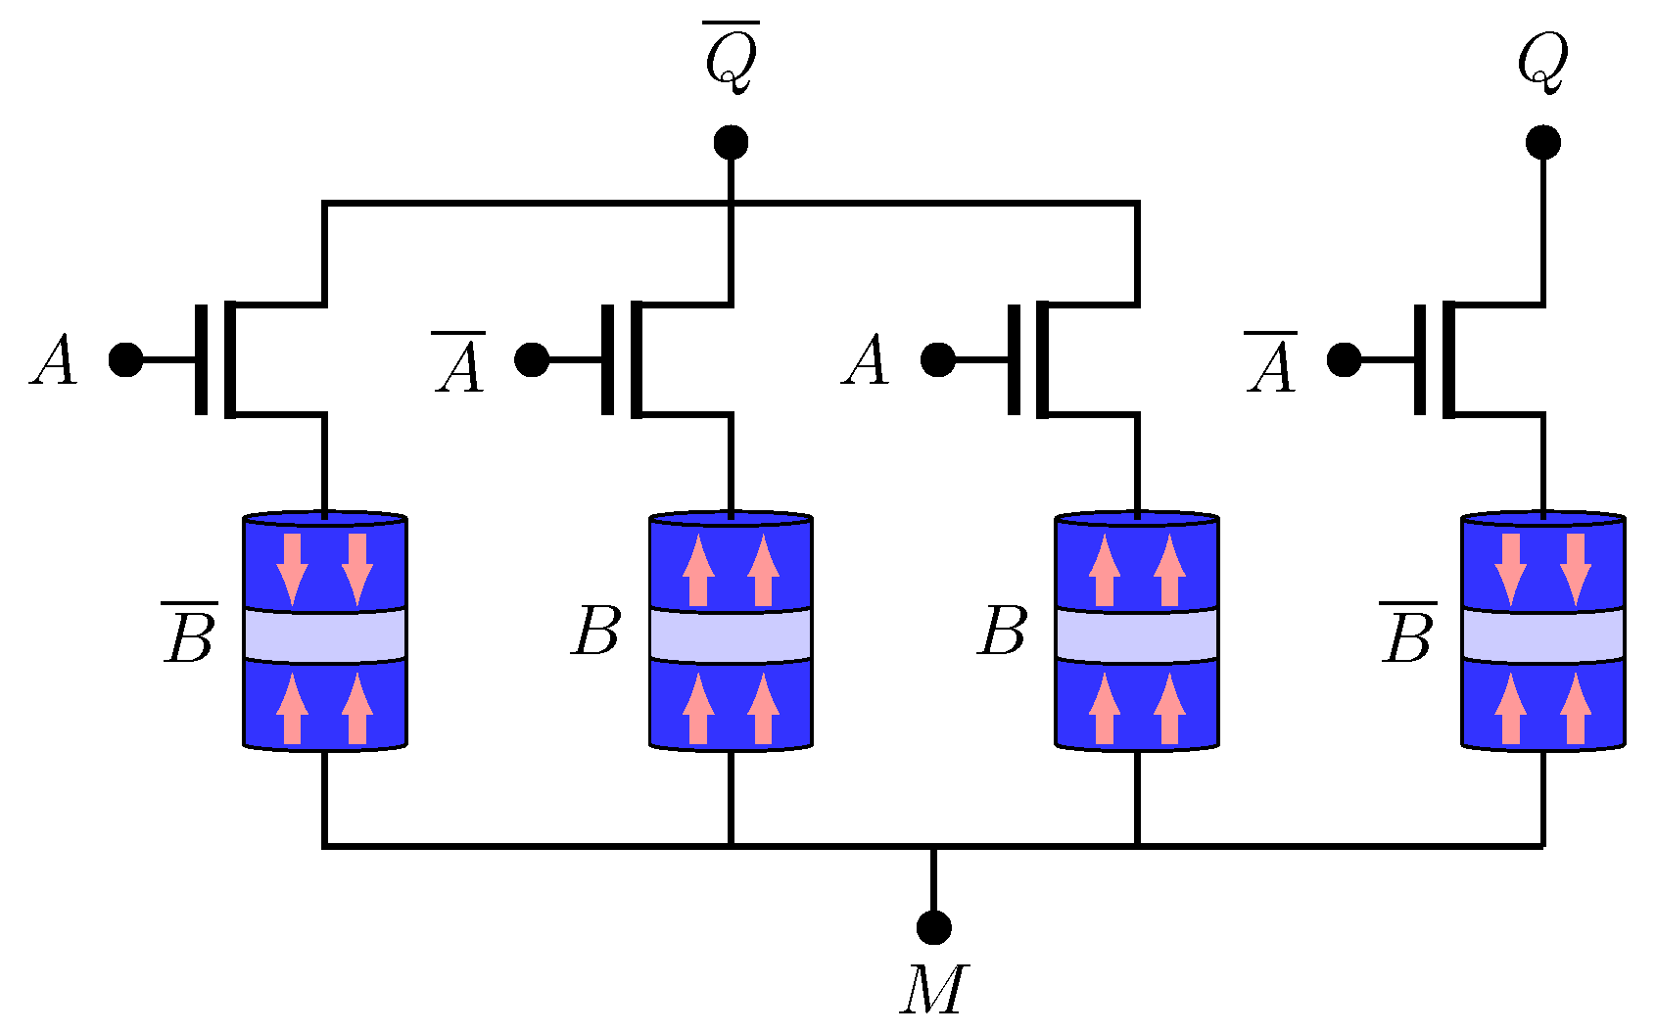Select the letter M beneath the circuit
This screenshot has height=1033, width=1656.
coord(933,990)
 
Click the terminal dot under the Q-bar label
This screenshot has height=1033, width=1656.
coord(731,143)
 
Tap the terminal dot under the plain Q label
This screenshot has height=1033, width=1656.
coord(1543,143)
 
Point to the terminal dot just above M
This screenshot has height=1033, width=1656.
coord(933,926)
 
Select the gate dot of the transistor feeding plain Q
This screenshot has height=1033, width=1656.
coord(1344,359)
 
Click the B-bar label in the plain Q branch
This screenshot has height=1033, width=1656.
coord(1408,634)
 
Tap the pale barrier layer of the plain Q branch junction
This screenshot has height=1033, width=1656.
coord(1543,634)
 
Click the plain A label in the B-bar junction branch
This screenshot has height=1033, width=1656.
coord(54,360)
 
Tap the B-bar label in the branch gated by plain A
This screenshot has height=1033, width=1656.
coord(189,634)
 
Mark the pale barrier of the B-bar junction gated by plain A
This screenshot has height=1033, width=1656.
coord(324,634)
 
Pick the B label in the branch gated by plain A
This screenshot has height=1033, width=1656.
coord(1002,632)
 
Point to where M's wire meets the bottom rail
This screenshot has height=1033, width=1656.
coord(933,845)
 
